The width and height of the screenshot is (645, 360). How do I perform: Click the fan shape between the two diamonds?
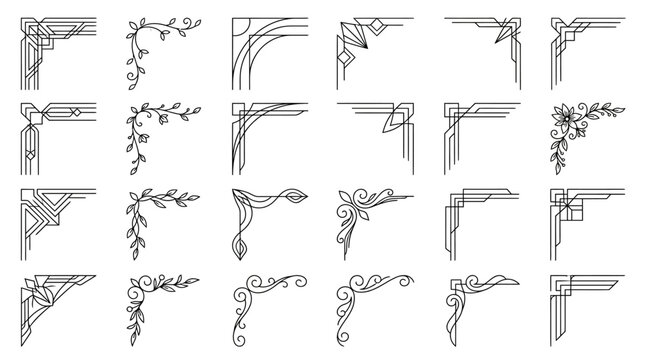[352, 37]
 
